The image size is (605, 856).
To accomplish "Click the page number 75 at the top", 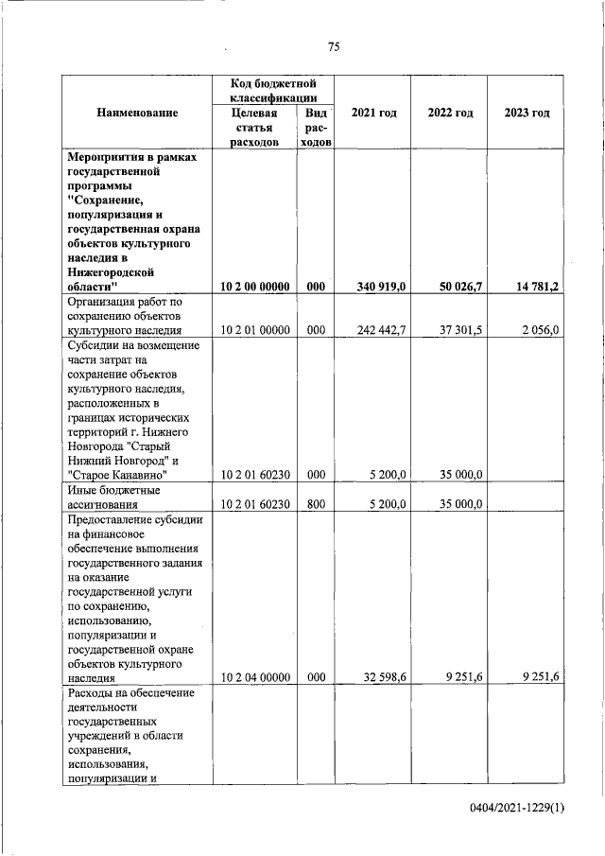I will click(334, 47).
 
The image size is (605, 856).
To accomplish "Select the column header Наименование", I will click(137, 113).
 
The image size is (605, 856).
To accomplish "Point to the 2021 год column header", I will click(373, 113).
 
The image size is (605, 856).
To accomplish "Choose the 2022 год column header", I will click(450, 113).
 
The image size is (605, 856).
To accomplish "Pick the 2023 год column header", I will click(527, 113).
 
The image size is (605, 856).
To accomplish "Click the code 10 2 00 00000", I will click(254, 286).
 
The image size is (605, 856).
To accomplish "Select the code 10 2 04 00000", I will click(254, 677).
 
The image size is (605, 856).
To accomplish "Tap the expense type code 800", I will click(316, 504).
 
